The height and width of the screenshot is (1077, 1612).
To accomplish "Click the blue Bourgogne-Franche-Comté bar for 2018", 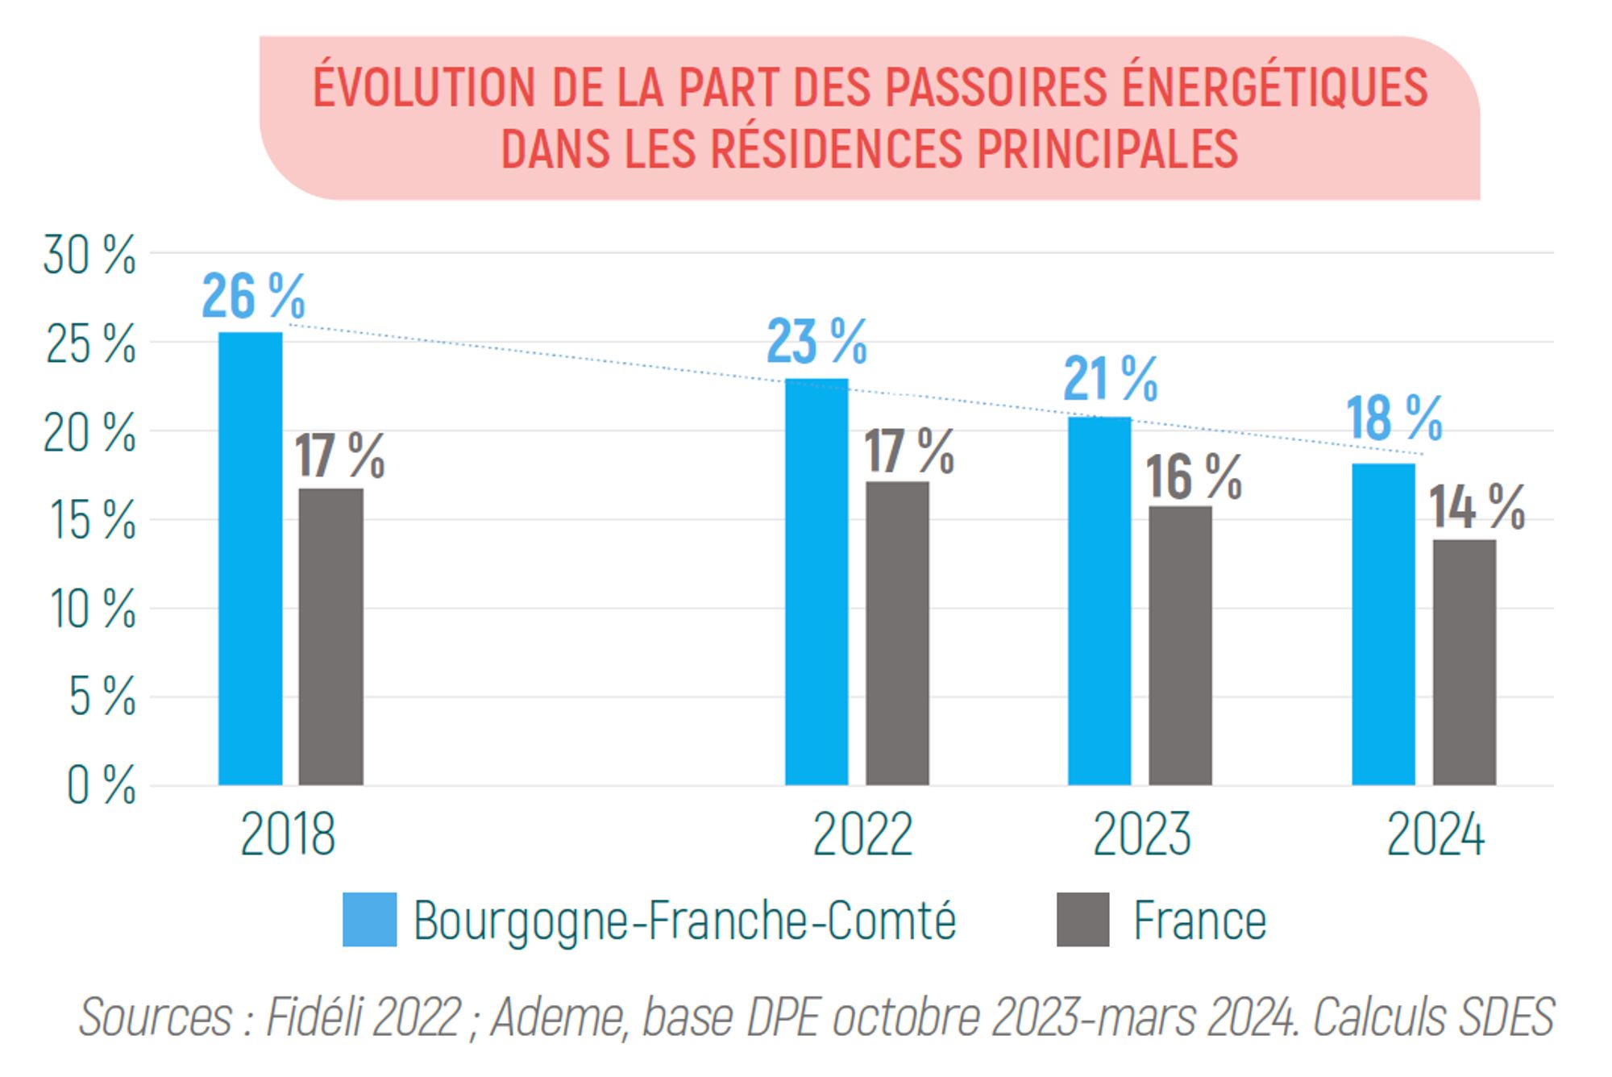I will (x=251, y=559).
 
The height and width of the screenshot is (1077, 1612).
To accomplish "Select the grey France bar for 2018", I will (x=330, y=637).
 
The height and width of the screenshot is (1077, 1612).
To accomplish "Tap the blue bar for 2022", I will (x=816, y=582).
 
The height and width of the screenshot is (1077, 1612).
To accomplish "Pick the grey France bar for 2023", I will (x=1180, y=646).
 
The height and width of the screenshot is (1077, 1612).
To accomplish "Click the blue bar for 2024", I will (x=1383, y=624).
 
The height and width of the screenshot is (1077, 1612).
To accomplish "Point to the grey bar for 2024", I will (x=1464, y=663).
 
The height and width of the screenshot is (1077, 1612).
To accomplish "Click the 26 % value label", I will (x=253, y=296).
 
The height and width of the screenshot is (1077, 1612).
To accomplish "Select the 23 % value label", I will (x=816, y=341).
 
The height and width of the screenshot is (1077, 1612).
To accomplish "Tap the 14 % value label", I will (x=1477, y=507).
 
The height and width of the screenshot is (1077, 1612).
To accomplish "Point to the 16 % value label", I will (x=1194, y=476).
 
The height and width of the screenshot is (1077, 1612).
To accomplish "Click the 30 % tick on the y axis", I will (x=89, y=256).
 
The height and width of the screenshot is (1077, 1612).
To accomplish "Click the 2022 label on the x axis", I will (x=862, y=834).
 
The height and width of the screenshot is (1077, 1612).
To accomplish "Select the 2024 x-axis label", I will (x=1435, y=834).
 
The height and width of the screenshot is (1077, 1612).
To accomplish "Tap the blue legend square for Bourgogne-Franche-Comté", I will (x=369, y=919).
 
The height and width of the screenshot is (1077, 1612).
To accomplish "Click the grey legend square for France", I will (x=1082, y=919).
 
